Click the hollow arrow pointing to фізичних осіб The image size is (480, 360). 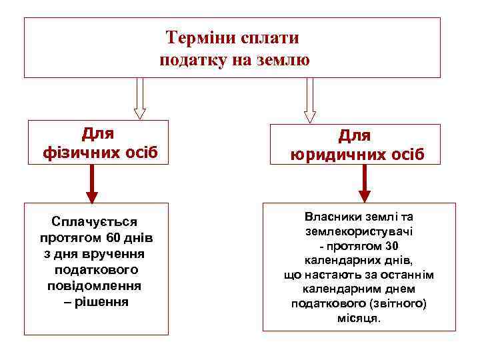coord(139,99)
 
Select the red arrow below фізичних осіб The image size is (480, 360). coord(92,183)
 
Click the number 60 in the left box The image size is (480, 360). coord(113,238)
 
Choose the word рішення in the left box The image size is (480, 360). coord(101,302)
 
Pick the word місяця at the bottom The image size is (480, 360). coord(358,318)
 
